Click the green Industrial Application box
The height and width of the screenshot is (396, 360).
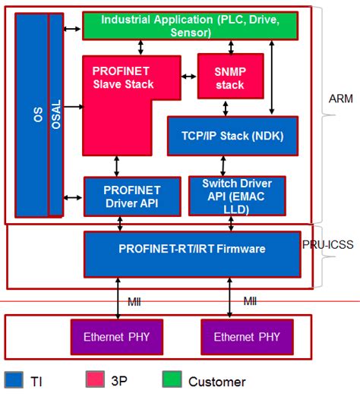190,26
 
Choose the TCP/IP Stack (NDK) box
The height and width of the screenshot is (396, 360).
232,136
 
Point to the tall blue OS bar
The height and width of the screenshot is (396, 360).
30,114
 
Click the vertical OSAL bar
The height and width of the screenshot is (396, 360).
55,114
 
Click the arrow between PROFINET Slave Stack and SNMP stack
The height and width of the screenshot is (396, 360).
189,76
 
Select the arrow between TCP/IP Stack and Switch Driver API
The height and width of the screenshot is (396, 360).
223,165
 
